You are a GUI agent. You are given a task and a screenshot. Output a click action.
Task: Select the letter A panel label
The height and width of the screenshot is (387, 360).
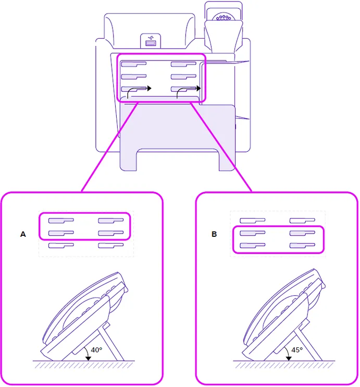[x=23, y=235]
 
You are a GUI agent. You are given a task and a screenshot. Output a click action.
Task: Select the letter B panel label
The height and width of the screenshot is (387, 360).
[x=214, y=235]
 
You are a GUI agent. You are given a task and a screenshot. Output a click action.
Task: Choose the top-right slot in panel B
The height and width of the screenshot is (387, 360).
[x=303, y=220]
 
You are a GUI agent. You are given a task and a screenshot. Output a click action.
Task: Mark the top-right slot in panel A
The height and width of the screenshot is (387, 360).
[x=111, y=220]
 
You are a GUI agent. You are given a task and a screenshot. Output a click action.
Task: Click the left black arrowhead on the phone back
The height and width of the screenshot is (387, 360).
[x=149, y=88]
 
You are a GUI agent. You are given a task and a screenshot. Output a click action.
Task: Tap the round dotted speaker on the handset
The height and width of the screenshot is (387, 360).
[x=224, y=17]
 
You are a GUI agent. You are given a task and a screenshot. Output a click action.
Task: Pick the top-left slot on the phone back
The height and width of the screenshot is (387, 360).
[x=134, y=65]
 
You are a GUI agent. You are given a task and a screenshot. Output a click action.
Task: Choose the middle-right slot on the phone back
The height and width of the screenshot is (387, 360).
[x=183, y=77]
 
